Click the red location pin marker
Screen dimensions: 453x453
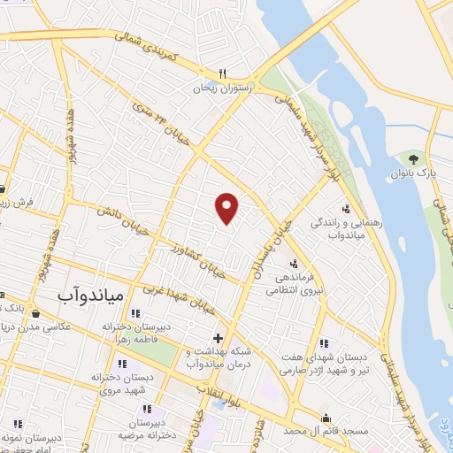[227, 207]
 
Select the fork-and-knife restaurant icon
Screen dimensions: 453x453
[222, 74]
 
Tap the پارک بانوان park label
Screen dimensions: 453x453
[413, 174]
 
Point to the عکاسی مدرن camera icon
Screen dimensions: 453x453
[35, 313]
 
